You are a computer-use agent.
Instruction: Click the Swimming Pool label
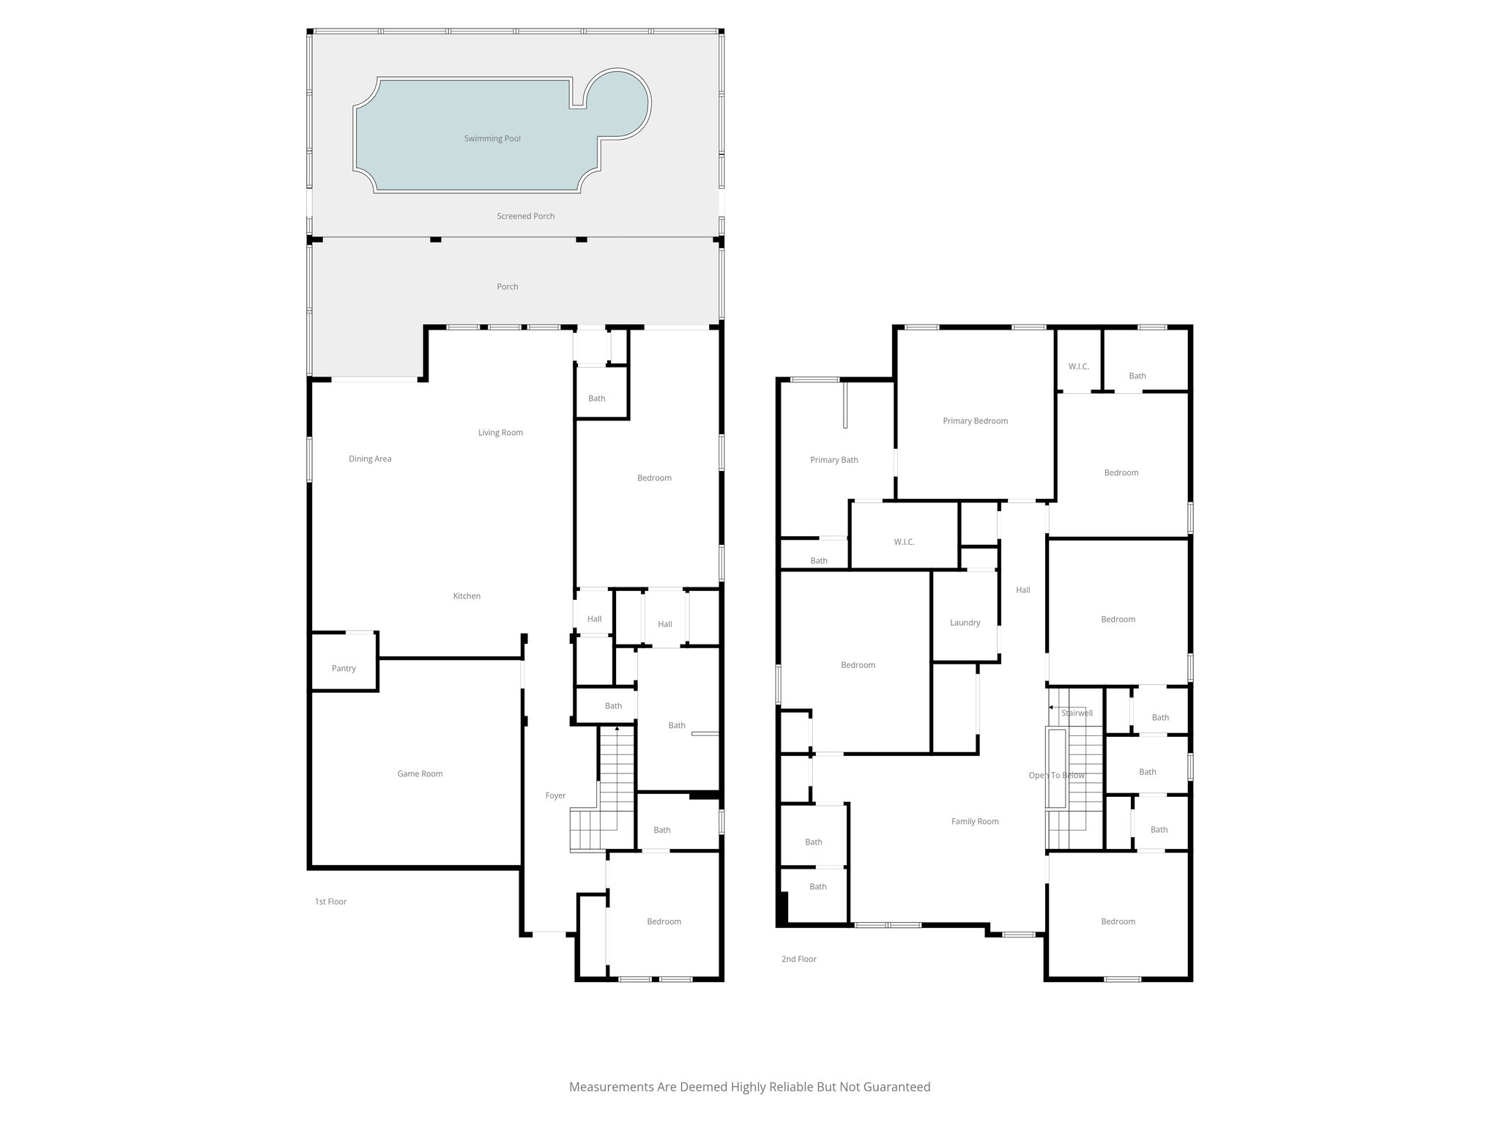[492, 138]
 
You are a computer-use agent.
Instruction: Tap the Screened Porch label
[525, 216]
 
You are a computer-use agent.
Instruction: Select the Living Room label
[500, 432]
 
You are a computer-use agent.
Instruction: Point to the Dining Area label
[370, 459]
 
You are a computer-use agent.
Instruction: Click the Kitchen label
[467, 596]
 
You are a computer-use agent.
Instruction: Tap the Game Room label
[420, 773]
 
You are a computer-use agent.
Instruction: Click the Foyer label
[555, 795]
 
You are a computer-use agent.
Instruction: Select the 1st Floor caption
[330, 902]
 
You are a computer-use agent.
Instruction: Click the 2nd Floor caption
[798, 959]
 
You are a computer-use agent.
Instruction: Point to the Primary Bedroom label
[975, 421]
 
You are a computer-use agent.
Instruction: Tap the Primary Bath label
[833, 460]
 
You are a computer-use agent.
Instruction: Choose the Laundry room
[965, 623]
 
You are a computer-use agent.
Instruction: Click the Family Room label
[975, 822]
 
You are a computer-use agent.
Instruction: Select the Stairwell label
[1077, 713]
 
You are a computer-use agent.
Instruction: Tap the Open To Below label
[1056, 776]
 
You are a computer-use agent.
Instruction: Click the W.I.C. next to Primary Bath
[904, 542]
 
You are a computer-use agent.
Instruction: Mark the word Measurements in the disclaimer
[612, 1087]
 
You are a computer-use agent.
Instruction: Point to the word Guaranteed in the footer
[896, 1087]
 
